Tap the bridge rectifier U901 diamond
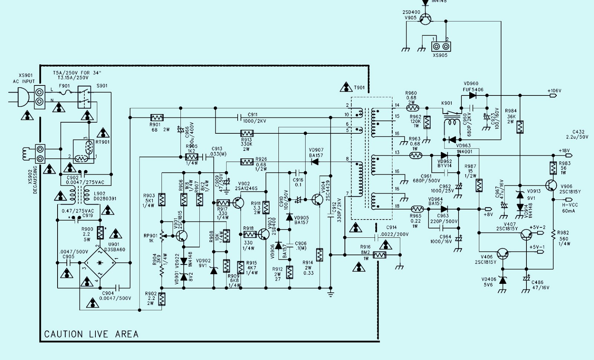[x=99, y=263]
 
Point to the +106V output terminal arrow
[x=554, y=95]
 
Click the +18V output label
[x=564, y=150]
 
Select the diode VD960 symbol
[x=472, y=95]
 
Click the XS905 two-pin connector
[x=440, y=46]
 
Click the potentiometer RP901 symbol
[x=162, y=236]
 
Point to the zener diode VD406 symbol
[x=503, y=280]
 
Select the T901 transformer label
[x=359, y=88]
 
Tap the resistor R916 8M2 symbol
[x=379, y=255]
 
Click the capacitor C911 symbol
[x=239, y=117]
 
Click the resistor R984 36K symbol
[x=520, y=127]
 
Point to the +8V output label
[x=488, y=214]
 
